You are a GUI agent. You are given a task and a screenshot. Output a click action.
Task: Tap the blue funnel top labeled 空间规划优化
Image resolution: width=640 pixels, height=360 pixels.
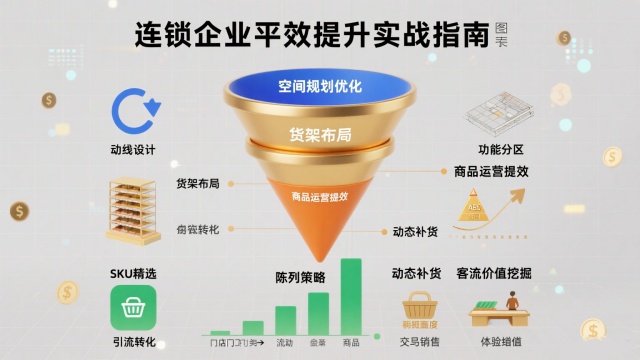[x=320, y=87]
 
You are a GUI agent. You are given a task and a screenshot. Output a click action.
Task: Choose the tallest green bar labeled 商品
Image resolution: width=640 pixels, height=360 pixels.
[x=351, y=296]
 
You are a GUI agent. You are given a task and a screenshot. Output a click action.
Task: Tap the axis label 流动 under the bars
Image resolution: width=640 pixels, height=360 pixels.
[x=285, y=344]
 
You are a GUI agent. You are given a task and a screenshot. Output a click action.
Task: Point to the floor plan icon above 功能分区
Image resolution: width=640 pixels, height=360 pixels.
[x=502, y=112]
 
